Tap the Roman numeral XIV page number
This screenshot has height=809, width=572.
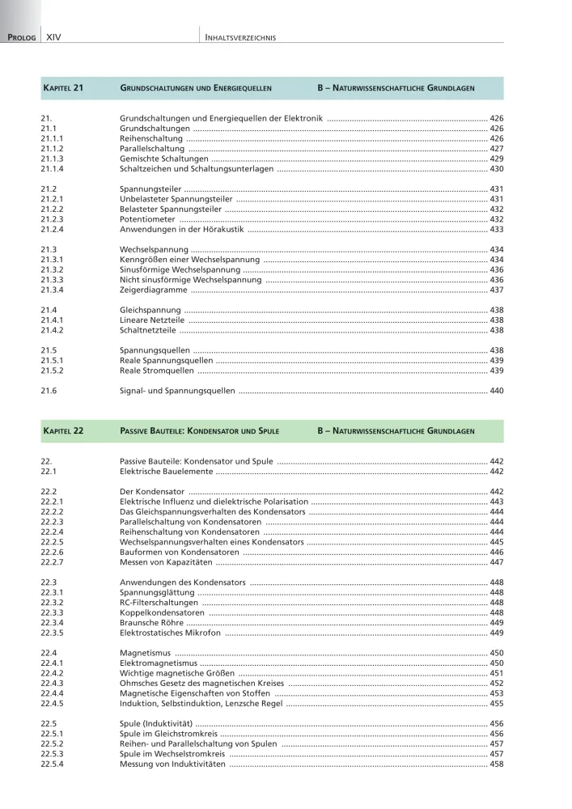point(55,37)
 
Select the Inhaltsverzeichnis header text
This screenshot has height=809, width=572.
point(241,37)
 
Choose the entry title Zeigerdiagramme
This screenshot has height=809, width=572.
point(153,290)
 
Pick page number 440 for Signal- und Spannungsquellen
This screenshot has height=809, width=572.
point(497,391)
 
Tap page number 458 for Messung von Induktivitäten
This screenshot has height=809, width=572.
point(497,765)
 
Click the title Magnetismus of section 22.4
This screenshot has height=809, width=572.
point(146,653)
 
